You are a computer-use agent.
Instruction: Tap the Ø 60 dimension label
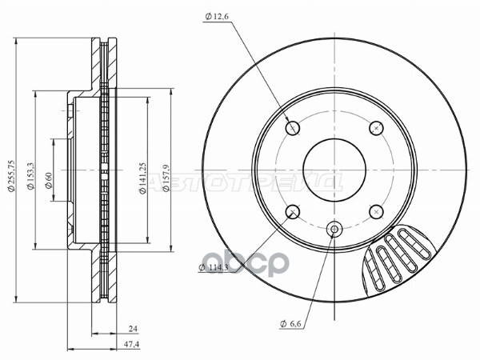(49, 181)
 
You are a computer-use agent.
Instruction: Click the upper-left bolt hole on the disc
(293, 127)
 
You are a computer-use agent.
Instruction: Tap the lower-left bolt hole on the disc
(293, 211)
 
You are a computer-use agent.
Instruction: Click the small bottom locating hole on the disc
(334, 230)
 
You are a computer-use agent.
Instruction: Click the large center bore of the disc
(334, 170)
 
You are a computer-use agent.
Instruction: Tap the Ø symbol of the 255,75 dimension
(10, 214)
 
